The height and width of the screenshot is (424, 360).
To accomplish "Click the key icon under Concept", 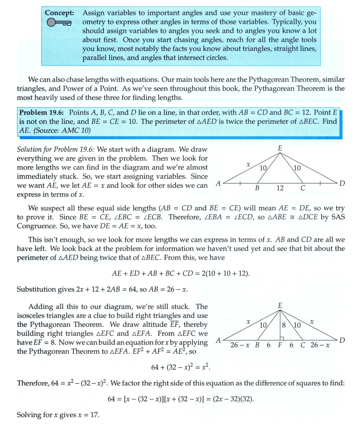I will pyautogui.click(x=59, y=23).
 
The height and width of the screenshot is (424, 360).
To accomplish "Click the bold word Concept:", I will pyautogui.click(x=59, y=13).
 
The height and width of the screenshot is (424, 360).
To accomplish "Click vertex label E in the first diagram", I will pyautogui.click(x=280, y=148).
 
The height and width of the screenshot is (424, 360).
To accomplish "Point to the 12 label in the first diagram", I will pyautogui.click(x=280, y=188).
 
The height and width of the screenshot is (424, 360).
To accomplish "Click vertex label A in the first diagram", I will pyautogui.click(x=217, y=184).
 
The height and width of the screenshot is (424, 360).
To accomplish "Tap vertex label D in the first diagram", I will pyautogui.click(x=342, y=184).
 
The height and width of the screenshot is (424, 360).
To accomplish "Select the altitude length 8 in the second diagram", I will pyautogui.click(x=284, y=324).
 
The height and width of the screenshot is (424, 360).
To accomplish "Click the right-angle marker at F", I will pyautogui.click(x=282, y=339).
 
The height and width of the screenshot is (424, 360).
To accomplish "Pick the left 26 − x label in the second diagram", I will pyautogui.click(x=240, y=345).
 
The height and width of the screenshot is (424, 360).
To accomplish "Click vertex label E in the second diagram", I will pyautogui.click(x=280, y=305).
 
